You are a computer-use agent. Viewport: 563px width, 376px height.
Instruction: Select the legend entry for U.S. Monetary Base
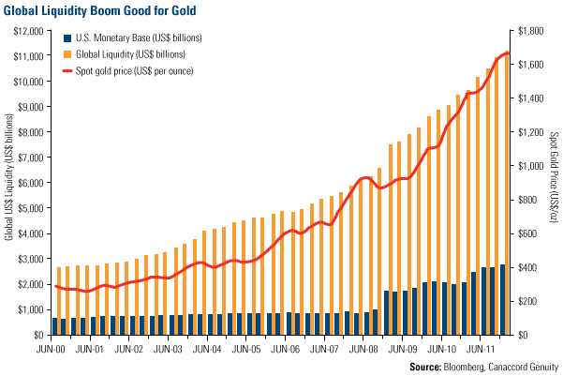(146, 38)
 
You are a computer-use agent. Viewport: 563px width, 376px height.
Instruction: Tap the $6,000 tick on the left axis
(27, 182)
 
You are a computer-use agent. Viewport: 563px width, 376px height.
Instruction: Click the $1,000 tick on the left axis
(27, 309)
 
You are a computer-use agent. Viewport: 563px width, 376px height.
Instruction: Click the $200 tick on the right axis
(530, 301)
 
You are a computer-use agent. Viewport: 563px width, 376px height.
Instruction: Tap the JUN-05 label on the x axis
(245, 349)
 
